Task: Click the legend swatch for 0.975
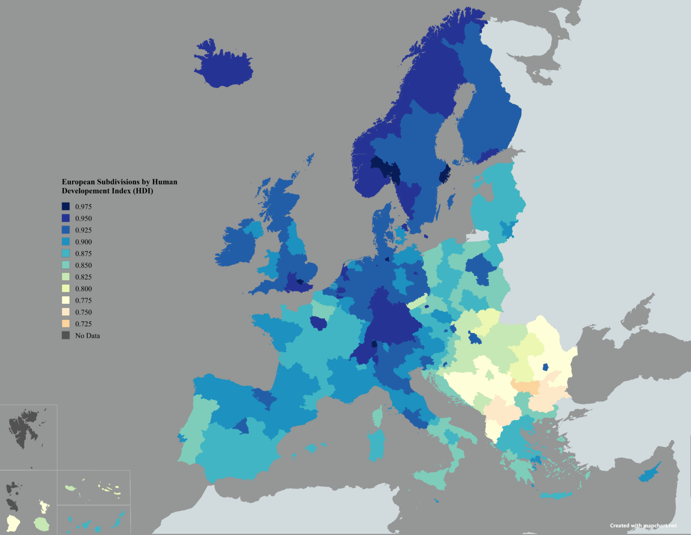[66, 206]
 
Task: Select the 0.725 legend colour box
[66, 324]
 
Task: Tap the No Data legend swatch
[66, 335]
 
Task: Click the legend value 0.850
[83, 265]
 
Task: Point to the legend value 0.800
[83, 289]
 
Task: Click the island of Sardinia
[376, 445]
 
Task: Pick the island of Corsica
[378, 417]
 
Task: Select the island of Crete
[556, 495]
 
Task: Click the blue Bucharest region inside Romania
[545, 367]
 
